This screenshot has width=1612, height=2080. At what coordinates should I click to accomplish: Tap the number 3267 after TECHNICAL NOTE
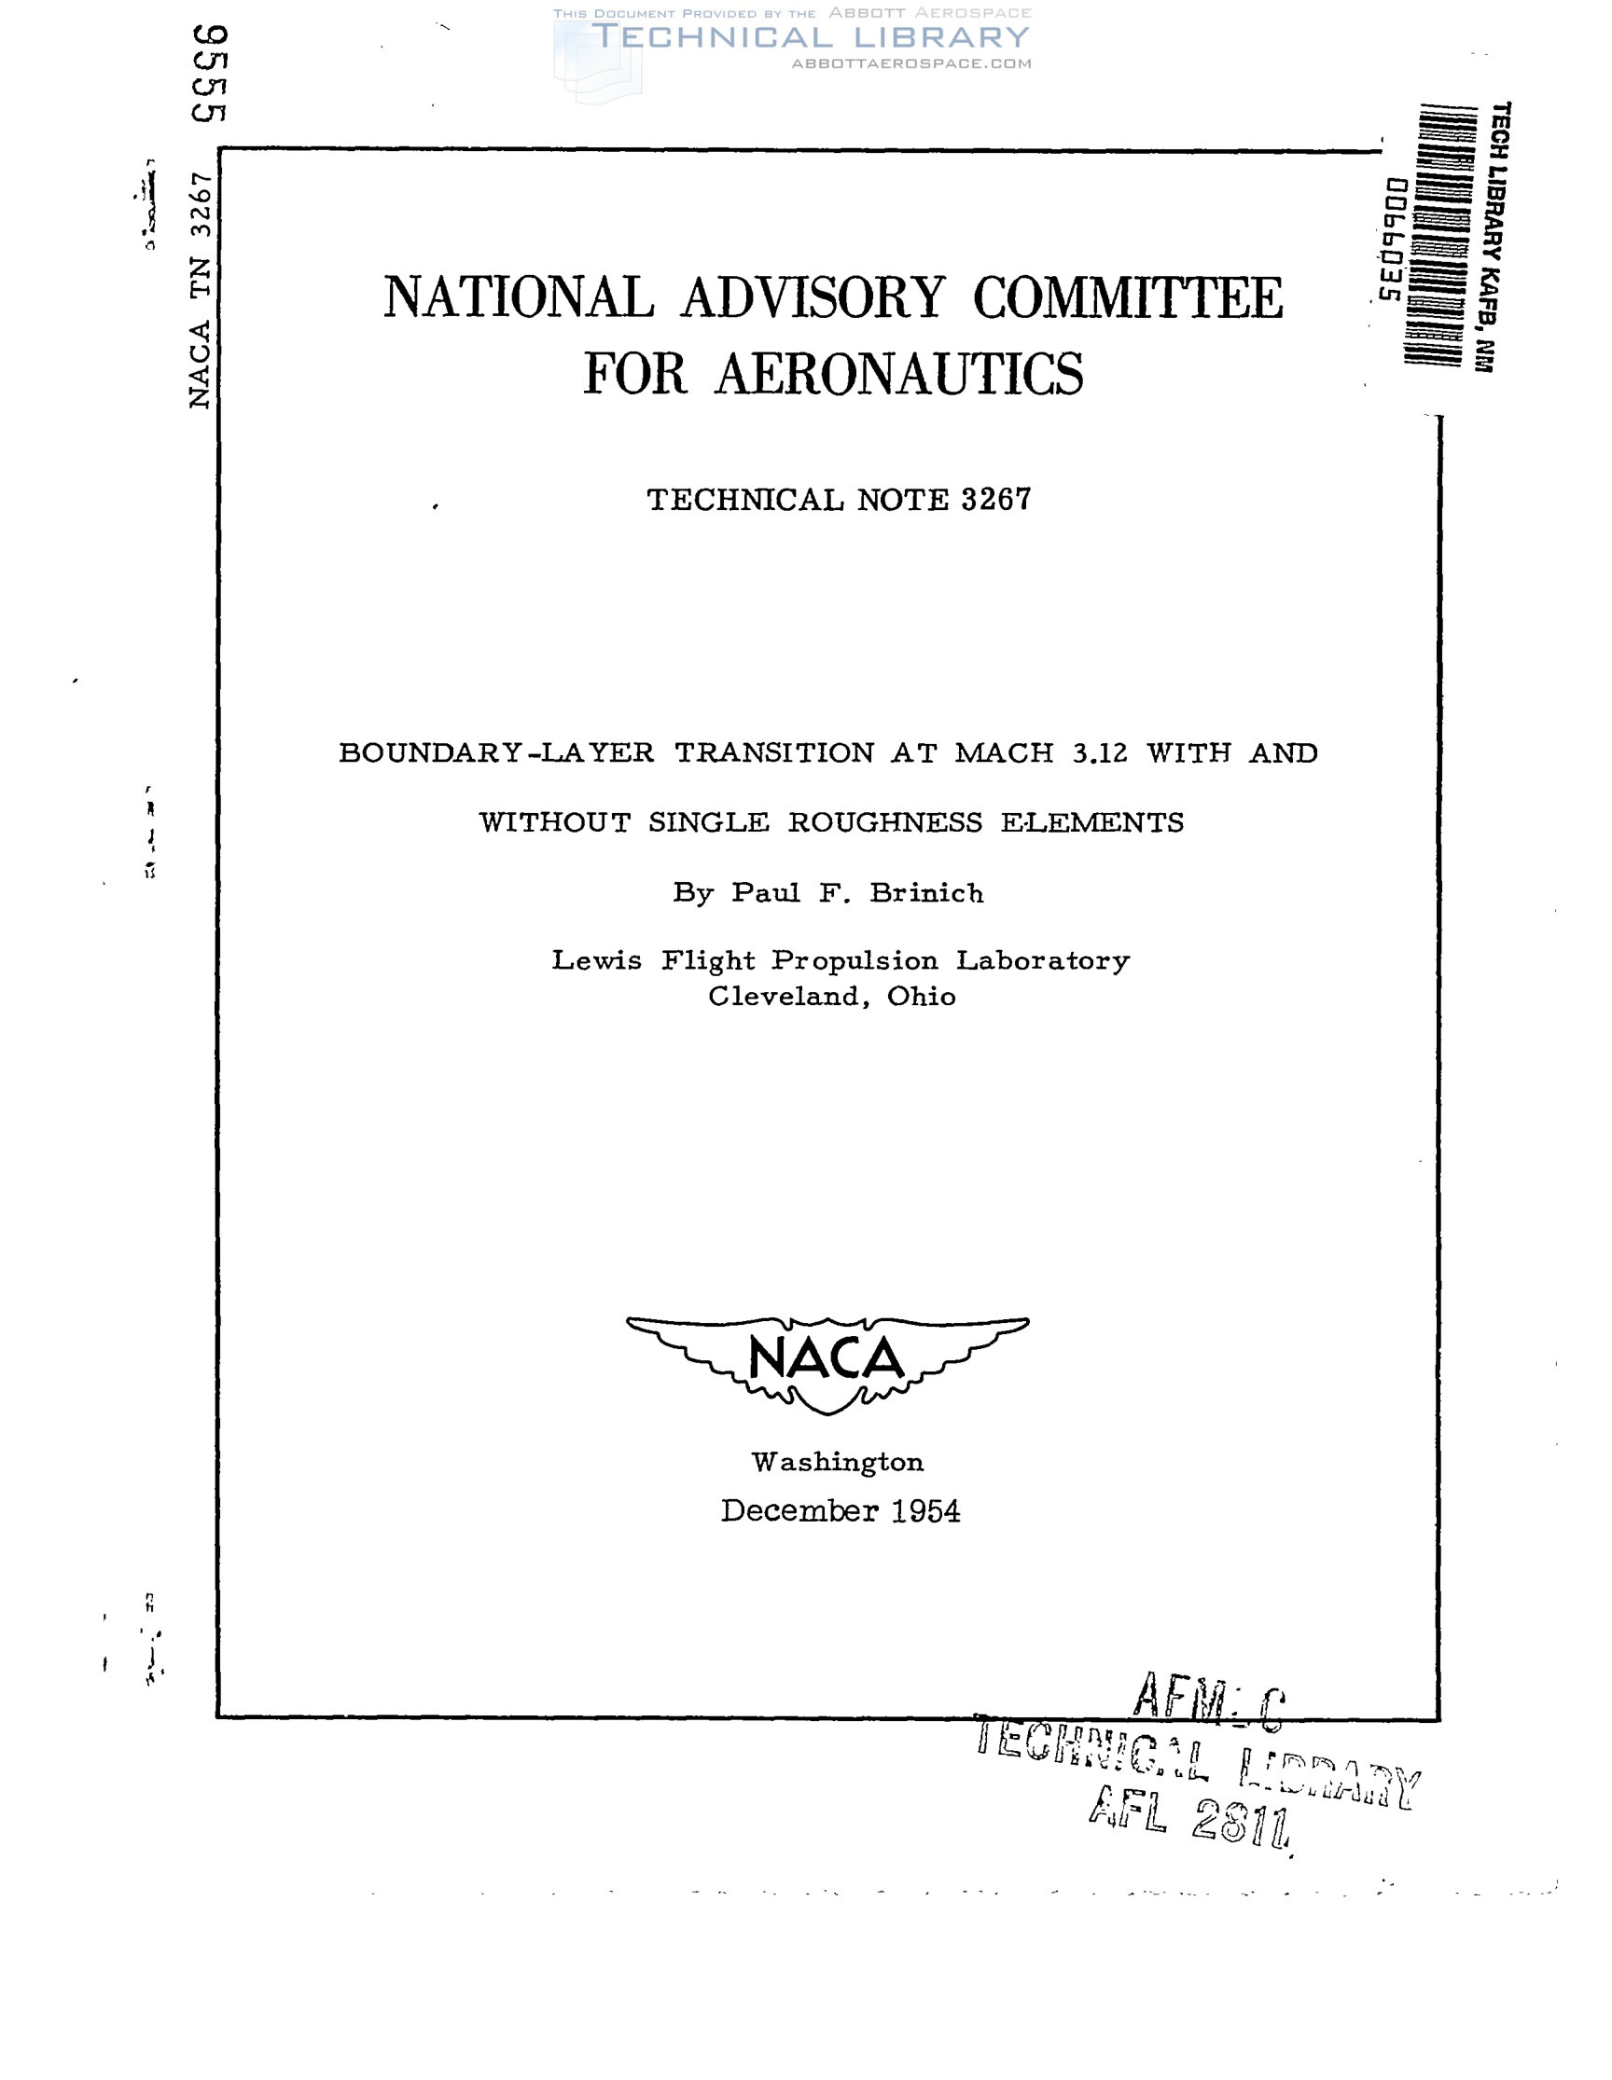(x=995, y=500)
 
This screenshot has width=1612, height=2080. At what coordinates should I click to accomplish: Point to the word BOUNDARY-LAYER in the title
(x=496, y=753)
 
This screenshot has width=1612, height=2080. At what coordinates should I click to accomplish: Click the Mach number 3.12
(x=1100, y=753)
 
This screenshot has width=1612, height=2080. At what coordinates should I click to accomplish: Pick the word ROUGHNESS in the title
(x=884, y=823)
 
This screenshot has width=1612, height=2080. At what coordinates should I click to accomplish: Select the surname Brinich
(x=926, y=893)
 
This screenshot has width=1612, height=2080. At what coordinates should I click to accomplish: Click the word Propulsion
(x=855, y=961)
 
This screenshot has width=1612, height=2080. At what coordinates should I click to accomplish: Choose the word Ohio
(x=922, y=998)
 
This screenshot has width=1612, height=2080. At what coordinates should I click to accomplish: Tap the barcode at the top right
(x=1434, y=234)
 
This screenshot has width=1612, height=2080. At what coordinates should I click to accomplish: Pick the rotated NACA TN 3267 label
(x=199, y=291)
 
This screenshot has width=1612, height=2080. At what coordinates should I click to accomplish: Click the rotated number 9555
(x=209, y=75)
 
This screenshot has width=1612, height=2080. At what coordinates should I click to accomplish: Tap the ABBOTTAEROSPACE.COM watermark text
(x=910, y=63)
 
